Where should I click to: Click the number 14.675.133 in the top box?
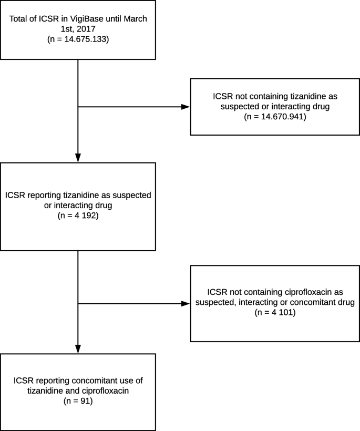(85, 39)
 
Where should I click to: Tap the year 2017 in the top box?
(86, 29)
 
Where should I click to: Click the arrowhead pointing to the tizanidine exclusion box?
(186, 107)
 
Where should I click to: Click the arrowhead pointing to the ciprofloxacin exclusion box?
(186, 303)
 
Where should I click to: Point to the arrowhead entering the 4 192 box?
(78, 158)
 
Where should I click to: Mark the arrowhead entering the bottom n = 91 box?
(78, 349)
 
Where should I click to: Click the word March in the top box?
(135, 19)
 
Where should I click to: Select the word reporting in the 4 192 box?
(44, 195)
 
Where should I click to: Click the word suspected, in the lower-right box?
(216, 302)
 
